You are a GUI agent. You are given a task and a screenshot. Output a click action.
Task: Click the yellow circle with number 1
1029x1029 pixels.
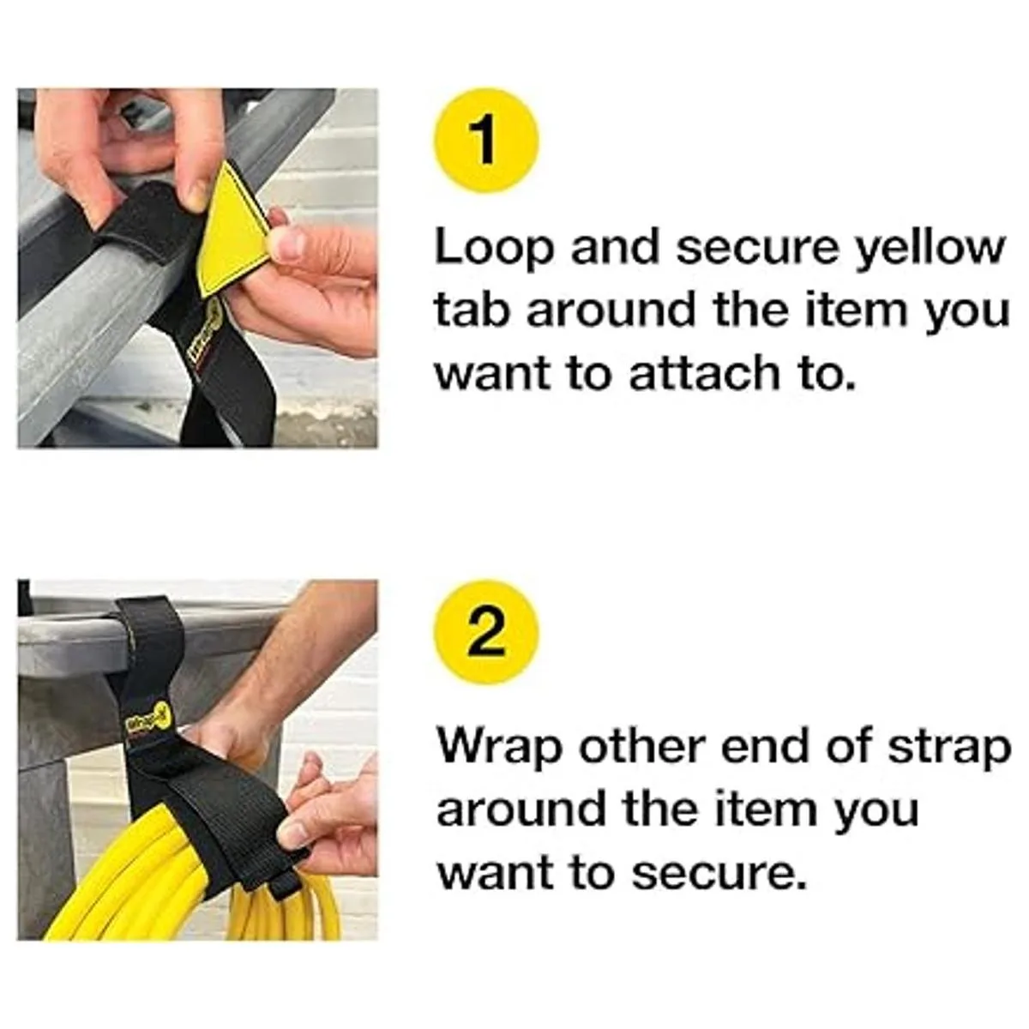tap(486, 141)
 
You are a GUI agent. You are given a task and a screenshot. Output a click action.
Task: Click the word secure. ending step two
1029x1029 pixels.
tap(721, 875)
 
